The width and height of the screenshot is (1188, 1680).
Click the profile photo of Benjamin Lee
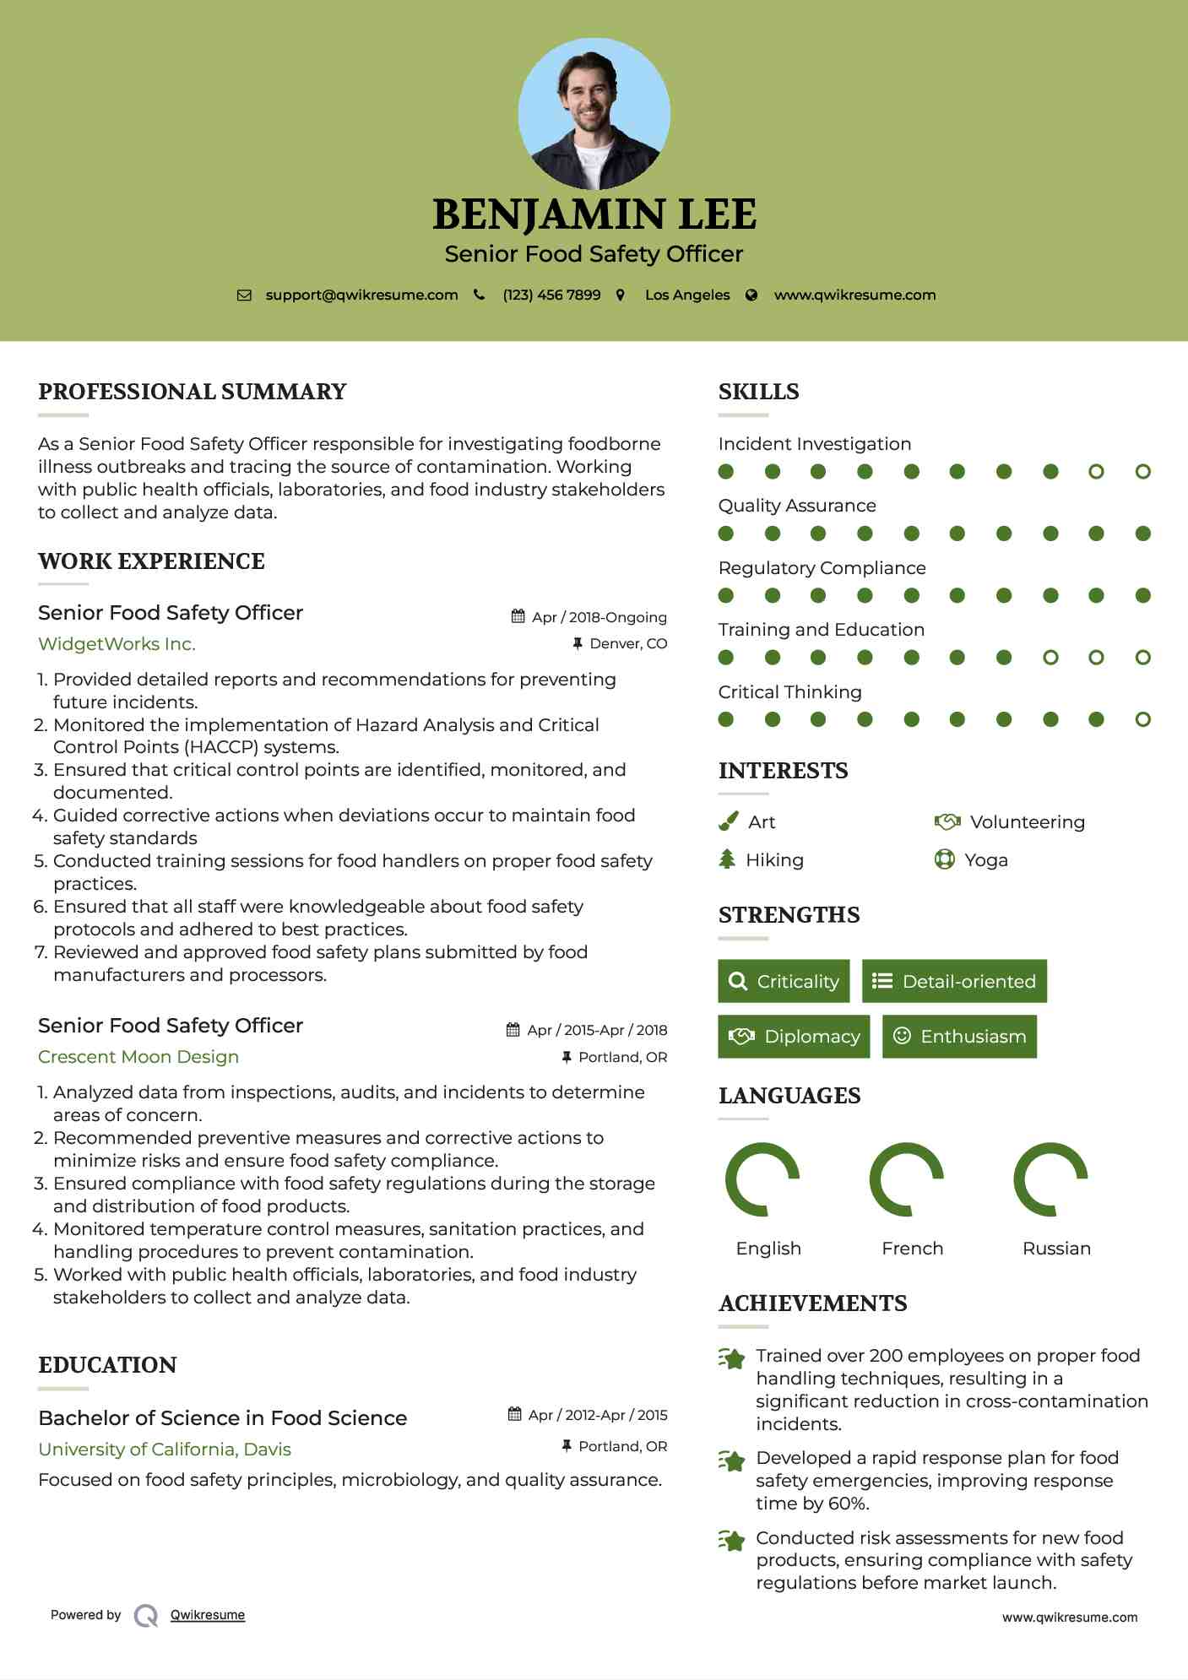pos(594,114)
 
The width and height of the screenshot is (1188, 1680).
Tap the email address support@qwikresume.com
pos(361,295)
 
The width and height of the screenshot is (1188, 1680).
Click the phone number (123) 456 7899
pos(551,295)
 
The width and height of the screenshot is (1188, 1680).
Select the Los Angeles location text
pos(687,295)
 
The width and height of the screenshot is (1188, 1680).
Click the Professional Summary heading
pos(193,392)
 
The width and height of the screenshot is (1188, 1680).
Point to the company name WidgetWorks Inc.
pos(117,644)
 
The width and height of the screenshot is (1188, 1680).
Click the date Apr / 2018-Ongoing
pos(599,617)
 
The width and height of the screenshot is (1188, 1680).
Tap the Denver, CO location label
pos(628,643)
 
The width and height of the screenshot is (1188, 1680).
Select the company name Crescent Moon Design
pos(138,1057)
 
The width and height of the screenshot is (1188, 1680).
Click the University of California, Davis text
pos(165,1450)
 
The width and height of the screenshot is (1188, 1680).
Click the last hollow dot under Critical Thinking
pos(1142,719)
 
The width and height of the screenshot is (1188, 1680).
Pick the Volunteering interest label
pos(1027,822)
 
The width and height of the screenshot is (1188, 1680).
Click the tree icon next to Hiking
pos(727,859)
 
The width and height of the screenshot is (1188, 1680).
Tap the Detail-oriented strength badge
pos(954,981)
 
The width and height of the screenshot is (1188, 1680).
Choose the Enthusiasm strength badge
pos(959,1037)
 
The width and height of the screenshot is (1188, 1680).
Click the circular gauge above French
pos(906,1179)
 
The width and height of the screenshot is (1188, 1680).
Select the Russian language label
pos(1056,1249)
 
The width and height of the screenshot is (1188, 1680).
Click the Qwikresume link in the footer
pos(208,1615)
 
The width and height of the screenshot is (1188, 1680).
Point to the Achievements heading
pos(812,1303)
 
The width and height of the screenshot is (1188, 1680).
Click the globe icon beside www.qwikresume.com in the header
pos(751,295)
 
